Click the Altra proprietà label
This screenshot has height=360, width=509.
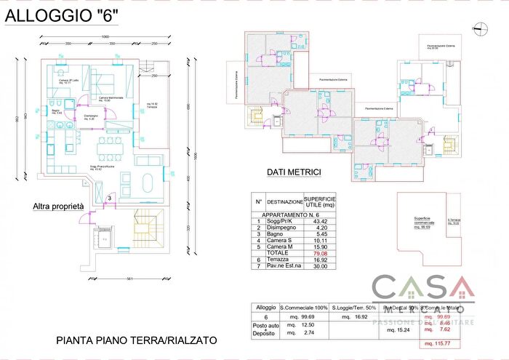point(58,207)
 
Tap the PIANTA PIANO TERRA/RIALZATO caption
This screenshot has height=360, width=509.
point(136,340)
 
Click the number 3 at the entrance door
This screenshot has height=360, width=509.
point(109,197)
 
